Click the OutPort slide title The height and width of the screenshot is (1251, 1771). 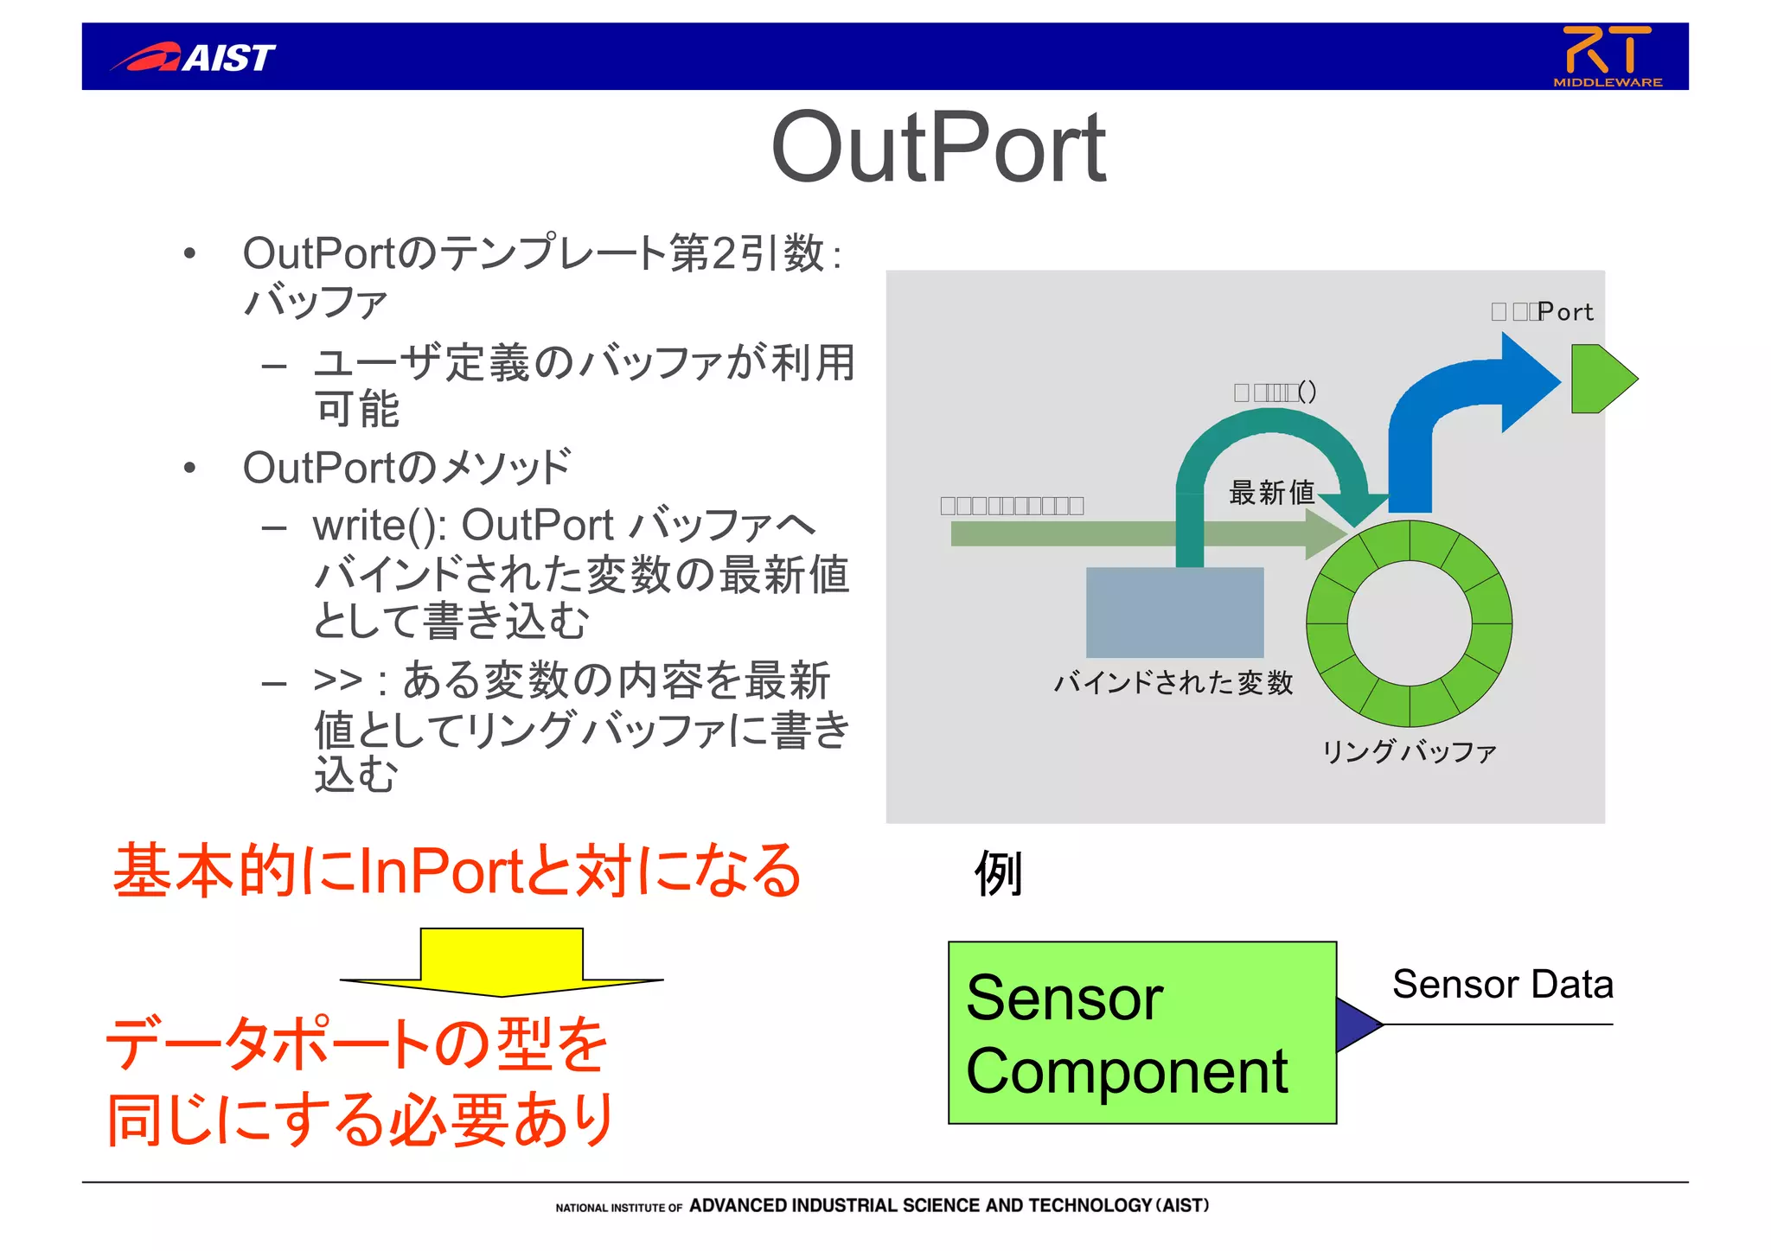938,149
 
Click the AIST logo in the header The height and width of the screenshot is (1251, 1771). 194,58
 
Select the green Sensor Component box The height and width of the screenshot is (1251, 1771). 1141,1032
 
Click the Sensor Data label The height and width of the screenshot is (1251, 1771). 1502,985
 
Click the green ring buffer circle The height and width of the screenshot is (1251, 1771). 1327,622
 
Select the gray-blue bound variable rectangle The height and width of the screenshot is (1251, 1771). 1174,612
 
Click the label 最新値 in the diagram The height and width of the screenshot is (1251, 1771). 1271,493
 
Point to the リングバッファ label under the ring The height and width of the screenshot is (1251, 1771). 1409,750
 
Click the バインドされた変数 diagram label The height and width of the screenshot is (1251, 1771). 1173,683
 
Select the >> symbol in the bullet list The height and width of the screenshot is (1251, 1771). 337,680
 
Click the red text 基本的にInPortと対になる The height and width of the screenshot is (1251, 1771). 457,871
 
